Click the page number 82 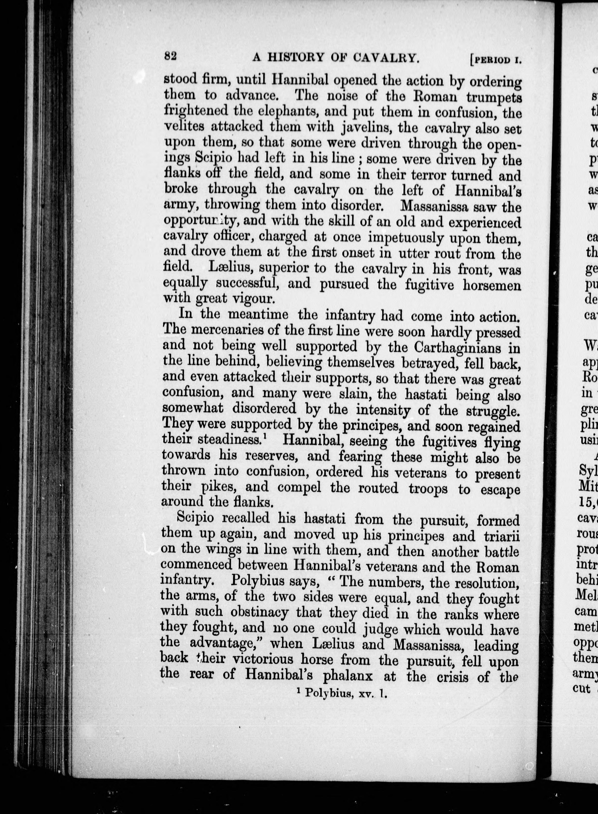click(x=170, y=56)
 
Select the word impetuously click(x=405, y=238)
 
